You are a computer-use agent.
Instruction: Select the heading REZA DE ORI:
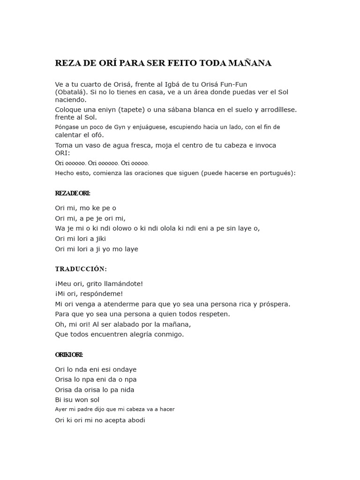coord(73,193)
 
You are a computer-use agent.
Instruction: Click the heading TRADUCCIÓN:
coord(81,269)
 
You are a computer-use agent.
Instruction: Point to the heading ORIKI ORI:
coord(69,354)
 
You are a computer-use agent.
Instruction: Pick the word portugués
coord(277,172)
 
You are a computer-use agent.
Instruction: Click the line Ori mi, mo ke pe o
coord(85,208)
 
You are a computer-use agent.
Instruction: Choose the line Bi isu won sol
coord(77,400)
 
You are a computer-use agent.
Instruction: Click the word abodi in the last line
coord(135,420)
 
